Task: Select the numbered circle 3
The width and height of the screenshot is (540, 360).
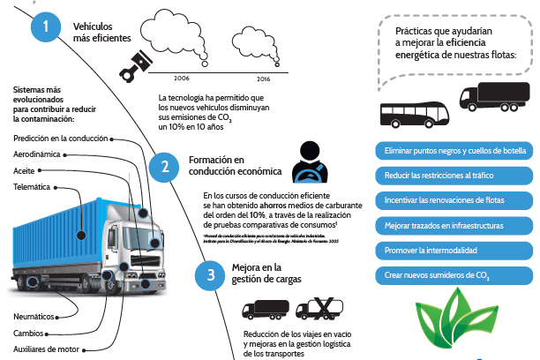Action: (x=210, y=274)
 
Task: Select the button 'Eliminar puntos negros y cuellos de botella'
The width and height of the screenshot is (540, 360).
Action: (x=455, y=151)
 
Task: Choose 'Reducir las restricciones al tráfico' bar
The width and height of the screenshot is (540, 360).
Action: (x=455, y=176)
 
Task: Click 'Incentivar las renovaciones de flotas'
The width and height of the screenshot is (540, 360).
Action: (x=455, y=200)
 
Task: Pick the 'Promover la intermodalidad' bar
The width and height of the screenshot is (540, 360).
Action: (x=455, y=250)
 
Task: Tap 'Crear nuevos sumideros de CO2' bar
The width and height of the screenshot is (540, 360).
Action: (x=455, y=274)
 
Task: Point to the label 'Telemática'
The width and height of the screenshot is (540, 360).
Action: (x=32, y=187)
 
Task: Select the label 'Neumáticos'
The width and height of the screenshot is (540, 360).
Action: (x=34, y=315)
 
